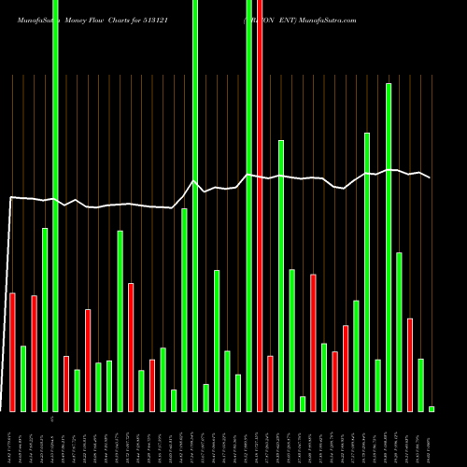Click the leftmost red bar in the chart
pyautogui.click(x=12, y=352)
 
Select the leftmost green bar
pyautogui.click(x=23, y=378)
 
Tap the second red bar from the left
pyautogui.click(x=35, y=353)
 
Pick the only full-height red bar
pyautogui.click(x=260, y=205)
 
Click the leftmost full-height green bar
pyautogui.click(x=55, y=205)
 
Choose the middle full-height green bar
pyautogui.click(x=195, y=205)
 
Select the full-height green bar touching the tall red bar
pyautogui.click(x=249, y=205)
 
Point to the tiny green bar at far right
pyautogui.click(x=432, y=408)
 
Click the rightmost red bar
pyautogui.click(x=410, y=364)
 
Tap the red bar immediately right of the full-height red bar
pyautogui.click(x=270, y=383)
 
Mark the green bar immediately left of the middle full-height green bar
pyautogui.click(x=184, y=309)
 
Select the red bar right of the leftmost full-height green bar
pyautogui.click(x=66, y=383)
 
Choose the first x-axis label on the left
pyautogui.click(x=11, y=439)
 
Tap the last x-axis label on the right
pyautogui.click(x=432, y=439)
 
